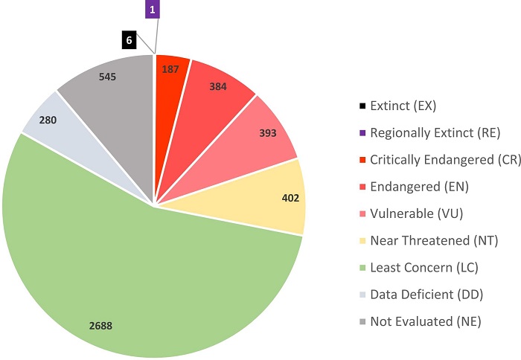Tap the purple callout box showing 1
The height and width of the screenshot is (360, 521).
[x=152, y=10]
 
